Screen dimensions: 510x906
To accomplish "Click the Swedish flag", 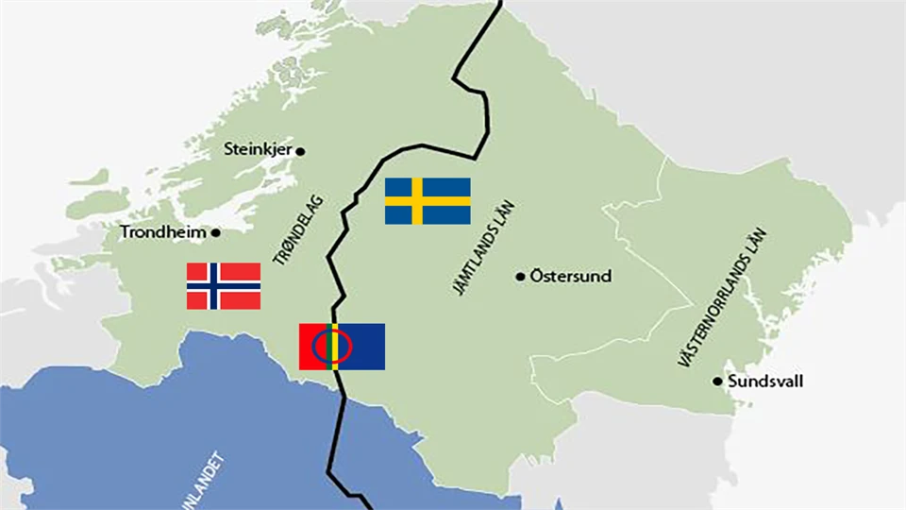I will pyautogui.click(x=428, y=201).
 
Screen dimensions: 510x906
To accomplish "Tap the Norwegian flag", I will pyautogui.click(x=224, y=286).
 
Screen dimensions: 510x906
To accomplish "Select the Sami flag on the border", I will pyautogui.click(x=342, y=347).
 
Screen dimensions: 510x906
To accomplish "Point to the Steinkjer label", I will pyautogui.click(x=259, y=149).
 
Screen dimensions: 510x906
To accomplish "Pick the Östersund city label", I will pyautogui.click(x=570, y=277).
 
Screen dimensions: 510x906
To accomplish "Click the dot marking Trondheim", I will pyautogui.click(x=216, y=232).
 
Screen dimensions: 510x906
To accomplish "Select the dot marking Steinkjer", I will pyautogui.click(x=301, y=150).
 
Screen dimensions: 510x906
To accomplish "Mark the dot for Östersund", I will pyautogui.click(x=520, y=277).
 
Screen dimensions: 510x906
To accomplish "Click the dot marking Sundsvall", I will pyautogui.click(x=717, y=382).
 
